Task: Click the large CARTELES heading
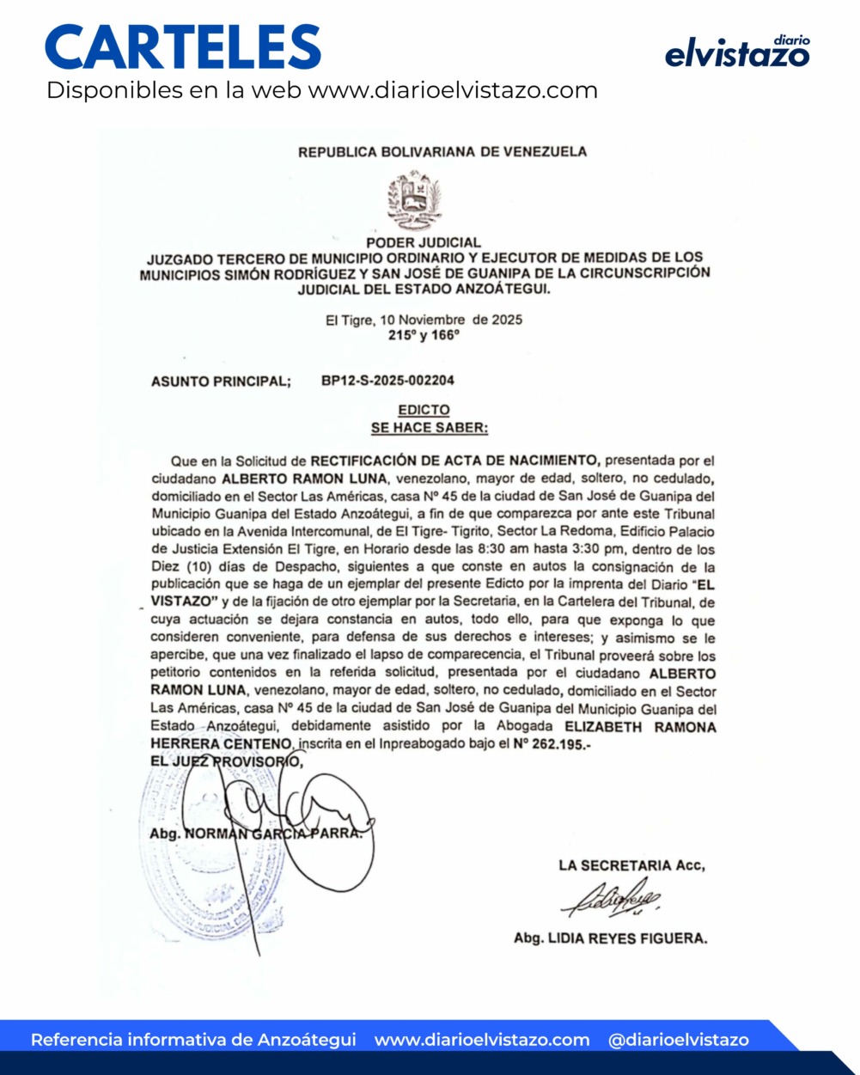point(183,47)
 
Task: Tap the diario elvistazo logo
point(737,52)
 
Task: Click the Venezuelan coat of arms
point(415,200)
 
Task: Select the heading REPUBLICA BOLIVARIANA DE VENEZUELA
point(442,152)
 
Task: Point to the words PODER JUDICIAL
point(424,242)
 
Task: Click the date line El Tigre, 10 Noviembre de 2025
point(424,320)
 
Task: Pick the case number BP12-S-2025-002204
point(388,381)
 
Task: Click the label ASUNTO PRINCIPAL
point(221,382)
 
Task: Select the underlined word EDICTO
point(424,410)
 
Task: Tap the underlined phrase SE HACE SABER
point(430,427)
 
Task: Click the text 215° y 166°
point(424,335)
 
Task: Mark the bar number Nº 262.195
point(552,744)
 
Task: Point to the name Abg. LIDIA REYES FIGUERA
point(610,938)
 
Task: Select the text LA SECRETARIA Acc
point(631,865)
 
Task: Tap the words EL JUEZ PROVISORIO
point(225,761)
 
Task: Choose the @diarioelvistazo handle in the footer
point(678,1040)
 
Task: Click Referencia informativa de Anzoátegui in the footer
point(193,1040)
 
